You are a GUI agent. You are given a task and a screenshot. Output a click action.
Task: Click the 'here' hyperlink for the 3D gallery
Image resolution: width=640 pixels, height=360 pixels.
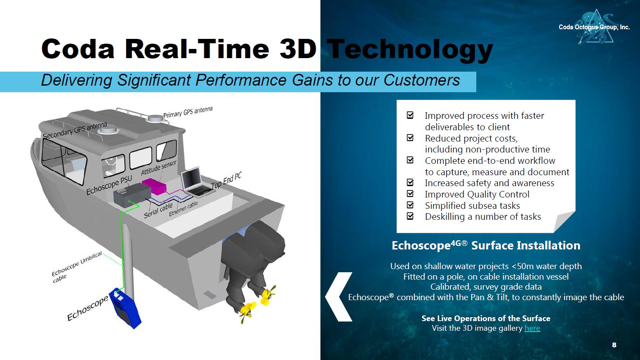[532, 328]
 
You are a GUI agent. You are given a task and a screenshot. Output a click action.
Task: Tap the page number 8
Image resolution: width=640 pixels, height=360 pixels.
[614, 345]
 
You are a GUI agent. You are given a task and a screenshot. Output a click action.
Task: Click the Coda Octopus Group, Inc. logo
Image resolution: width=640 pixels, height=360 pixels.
[594, 27]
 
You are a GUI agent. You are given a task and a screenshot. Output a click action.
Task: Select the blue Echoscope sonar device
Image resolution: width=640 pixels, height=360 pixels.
[125, 308]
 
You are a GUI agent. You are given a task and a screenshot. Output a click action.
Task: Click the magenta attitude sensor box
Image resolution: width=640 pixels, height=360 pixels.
[154, 186]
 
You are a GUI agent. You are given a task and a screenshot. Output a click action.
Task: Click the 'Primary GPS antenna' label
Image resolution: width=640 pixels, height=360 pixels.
[188, 112]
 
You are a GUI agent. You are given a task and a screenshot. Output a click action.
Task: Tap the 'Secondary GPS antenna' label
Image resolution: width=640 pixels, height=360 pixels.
[75, 130]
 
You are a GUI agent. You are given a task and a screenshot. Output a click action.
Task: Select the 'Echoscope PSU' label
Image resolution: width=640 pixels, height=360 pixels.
[110, 185]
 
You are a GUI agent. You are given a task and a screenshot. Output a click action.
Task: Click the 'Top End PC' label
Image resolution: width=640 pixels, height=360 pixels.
[226, 181]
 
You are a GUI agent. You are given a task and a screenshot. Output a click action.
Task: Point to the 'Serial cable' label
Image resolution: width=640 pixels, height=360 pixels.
[158, 211]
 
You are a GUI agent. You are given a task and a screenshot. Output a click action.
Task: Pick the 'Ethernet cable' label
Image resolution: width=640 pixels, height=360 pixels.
[183, 208]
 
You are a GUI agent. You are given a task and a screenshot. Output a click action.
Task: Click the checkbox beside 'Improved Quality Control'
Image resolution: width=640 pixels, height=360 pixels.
[410, 194]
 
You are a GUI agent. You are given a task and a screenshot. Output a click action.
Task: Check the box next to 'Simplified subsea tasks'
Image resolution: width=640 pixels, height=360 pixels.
[410, 205]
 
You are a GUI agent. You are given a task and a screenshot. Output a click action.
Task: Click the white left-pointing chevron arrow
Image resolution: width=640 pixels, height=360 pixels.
[338, 297]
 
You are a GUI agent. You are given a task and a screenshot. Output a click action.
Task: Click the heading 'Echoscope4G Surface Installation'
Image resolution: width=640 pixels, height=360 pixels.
[486, 246]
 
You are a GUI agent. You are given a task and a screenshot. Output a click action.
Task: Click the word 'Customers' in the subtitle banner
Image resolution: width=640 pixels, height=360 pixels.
[422, 80]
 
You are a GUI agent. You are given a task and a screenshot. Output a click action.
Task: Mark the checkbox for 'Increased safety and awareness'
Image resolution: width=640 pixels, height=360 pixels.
[410, 183]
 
